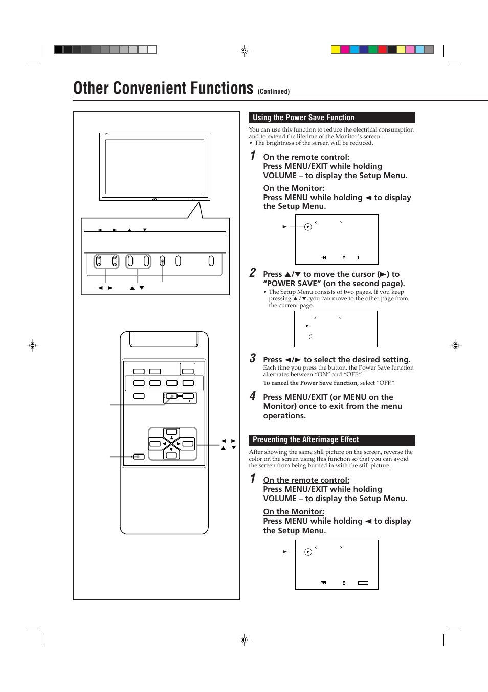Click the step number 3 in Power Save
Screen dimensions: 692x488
click(253, 358)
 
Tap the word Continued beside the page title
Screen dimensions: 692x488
click(273, 92)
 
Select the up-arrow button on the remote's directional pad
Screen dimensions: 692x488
click(171, 433)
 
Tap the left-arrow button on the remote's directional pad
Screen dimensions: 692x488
click(155, 444)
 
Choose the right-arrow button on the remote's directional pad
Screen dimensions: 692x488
click(188, 444)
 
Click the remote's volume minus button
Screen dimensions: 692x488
click(171, 396)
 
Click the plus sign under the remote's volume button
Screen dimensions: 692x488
click(189, 401)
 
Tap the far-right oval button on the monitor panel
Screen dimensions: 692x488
click(211, 261)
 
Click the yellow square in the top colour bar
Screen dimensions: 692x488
click(336, 50)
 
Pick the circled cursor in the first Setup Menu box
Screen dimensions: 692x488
click(308, 227)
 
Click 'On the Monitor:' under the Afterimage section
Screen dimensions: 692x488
click(294, 512)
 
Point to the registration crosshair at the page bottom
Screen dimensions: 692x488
click(244, 639)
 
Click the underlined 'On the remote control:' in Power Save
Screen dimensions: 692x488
click(306, 157)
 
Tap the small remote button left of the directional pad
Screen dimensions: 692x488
click(139, 457)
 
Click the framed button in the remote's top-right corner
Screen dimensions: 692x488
click(188, 370)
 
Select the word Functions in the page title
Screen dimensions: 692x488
click(214, 88)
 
